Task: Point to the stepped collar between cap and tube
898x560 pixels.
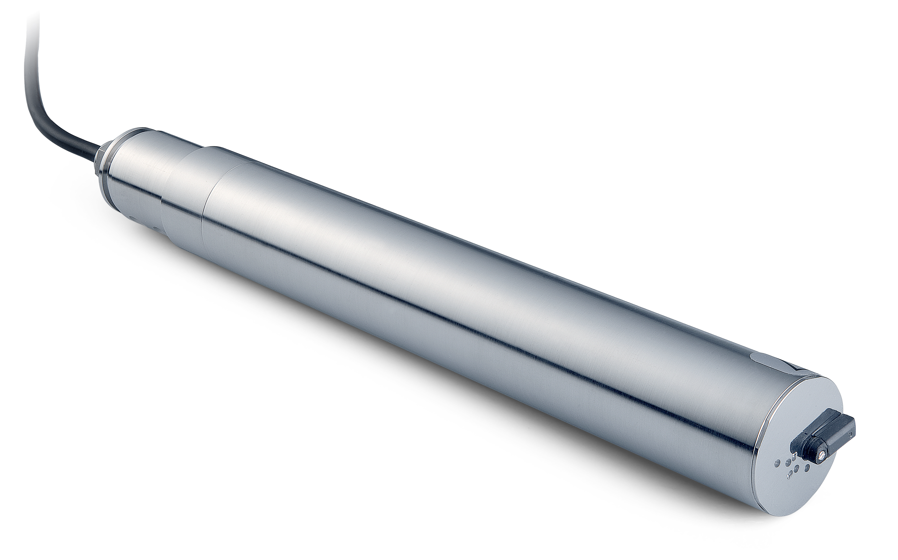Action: (x=185, y=193)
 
